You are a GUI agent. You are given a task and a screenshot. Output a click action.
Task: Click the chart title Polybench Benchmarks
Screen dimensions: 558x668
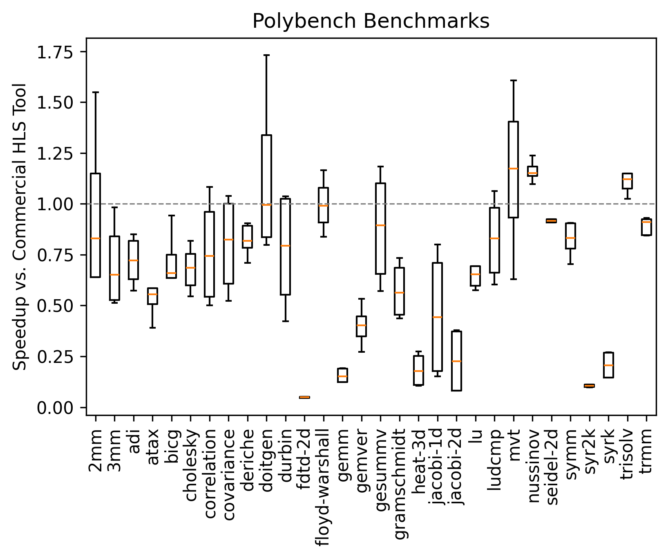pyautogui.click(x=371, y=21)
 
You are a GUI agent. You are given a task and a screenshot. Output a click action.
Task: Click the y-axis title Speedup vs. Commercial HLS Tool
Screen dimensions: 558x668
pyautogui.click(x=20, y=227)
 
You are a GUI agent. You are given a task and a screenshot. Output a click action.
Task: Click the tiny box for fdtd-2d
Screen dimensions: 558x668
pyautogui.click(x=304, y=397)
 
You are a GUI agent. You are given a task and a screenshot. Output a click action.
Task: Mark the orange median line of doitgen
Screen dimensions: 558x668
pyautogui.click(x=266, y=205)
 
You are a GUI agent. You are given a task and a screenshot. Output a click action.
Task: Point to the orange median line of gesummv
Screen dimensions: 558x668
pyautogui.click(x=380, y=225)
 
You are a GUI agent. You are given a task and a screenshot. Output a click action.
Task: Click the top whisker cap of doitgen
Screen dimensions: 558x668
pyautogui.click(x=266, y=55)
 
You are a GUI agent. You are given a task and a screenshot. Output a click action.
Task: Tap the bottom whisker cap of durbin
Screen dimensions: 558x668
pyautogui.click(x=285, y=321)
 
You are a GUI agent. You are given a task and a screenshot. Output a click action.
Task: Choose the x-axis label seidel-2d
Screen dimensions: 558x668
pyautogui.click(x=551, y=467)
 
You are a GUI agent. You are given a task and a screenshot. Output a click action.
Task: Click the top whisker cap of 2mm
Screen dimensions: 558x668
pyautogui.click(x=95, y=92)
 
